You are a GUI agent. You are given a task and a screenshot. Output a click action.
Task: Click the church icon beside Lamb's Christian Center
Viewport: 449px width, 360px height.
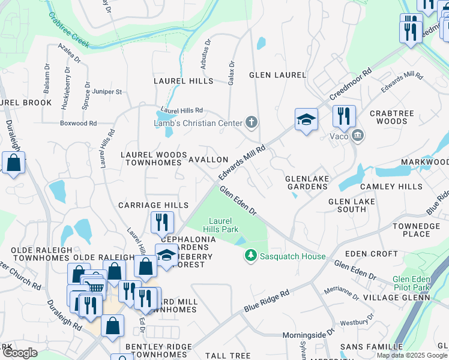[x=252, y=123]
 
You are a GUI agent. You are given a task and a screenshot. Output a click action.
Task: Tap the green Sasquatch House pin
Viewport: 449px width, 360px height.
[x=250, y=256]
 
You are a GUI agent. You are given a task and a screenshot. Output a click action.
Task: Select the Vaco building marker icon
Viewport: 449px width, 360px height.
[x=358, y=135]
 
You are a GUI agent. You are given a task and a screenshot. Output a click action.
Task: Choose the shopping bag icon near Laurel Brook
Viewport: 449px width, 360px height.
[x=13, y=162]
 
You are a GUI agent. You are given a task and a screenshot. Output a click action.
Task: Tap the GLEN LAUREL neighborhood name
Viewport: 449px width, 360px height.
[x=277, y=76]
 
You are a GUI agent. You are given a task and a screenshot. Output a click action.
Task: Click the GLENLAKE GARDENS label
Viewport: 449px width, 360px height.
[x=306, y=182]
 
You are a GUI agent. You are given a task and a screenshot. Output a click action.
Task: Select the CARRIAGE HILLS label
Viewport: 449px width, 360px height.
[x=153, y=205]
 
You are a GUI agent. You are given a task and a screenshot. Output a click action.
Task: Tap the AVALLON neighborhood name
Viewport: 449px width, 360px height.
[x=208, y=160]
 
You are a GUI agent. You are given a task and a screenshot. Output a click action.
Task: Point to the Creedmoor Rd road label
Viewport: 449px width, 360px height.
[x=350, y=88]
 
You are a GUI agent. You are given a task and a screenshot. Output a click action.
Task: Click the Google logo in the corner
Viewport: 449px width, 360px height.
[x=20, y=353]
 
